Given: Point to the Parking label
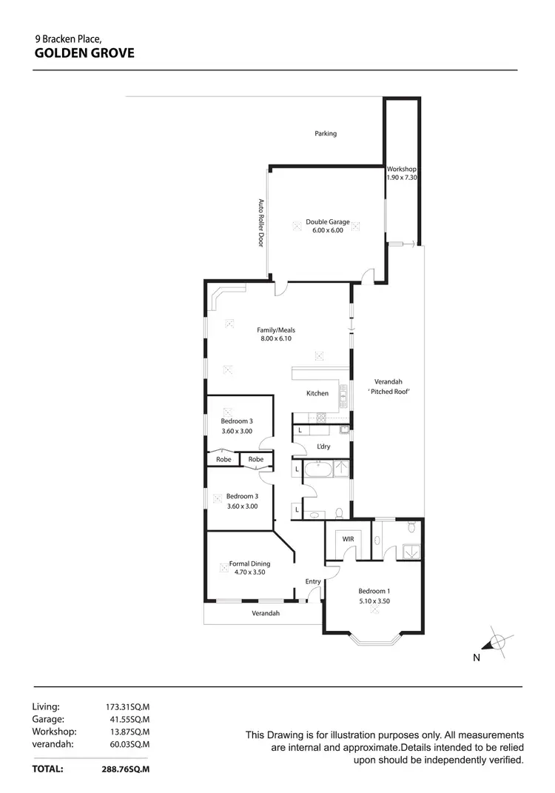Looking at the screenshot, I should [x=326, y=134].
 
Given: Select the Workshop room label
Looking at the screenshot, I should [x=402, y=170].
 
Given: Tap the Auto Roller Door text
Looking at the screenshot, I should [x=260, y=223].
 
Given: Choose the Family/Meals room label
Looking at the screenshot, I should [x=276, y=330].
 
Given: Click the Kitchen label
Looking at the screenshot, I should [x=317, y=393].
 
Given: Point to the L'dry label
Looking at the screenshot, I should [x=323, y=446].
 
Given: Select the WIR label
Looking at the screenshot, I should [x=347, y=540].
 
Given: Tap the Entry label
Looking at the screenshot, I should [x=313, y=581].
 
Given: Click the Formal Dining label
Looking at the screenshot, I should [x=249, y=563].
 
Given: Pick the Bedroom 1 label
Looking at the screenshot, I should [x=374, y=591].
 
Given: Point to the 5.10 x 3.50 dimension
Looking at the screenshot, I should [x=374, y=601].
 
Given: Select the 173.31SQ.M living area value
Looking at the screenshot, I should [x=128, y=707].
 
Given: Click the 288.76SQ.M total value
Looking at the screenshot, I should [x=125, y=769].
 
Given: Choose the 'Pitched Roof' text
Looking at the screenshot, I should [x=388, y=391].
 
